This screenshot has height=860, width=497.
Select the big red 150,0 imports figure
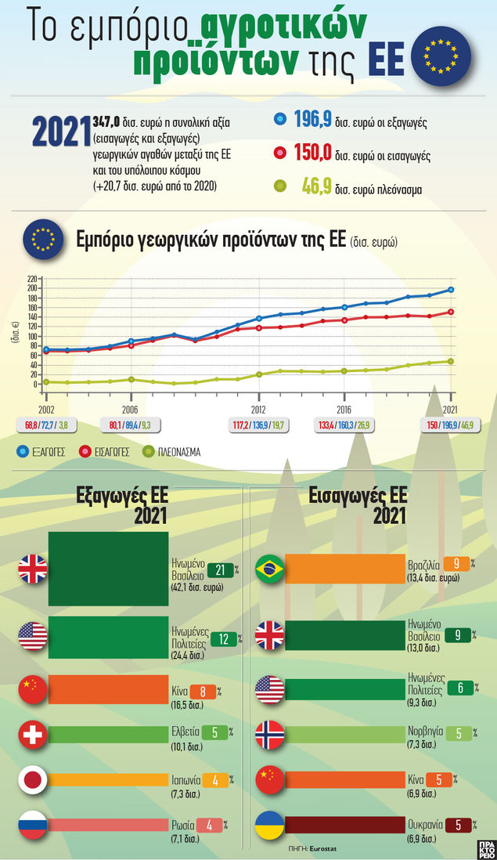313,153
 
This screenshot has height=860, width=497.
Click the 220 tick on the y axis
32,279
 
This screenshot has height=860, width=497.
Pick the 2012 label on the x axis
258,409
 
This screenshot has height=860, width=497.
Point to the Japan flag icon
33,780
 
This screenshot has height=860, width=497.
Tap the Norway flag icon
271,735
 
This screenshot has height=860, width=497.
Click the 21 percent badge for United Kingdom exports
221,569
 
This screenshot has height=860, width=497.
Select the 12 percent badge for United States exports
224,639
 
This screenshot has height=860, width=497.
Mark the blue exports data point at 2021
451,290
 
